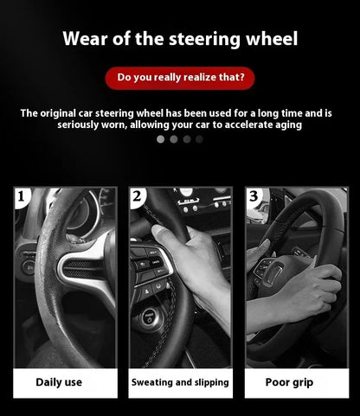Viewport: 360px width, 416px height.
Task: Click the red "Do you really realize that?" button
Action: click(x=180, y=78)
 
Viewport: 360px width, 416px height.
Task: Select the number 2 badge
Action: click(x=137, y=197)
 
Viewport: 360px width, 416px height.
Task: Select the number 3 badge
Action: click(x=253, y=197)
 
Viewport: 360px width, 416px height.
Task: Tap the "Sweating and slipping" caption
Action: click(x=180, y=381)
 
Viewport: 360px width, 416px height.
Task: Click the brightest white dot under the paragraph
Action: click(x=160, y=138)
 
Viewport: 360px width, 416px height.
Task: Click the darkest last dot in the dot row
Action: click(x=200, y=138)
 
